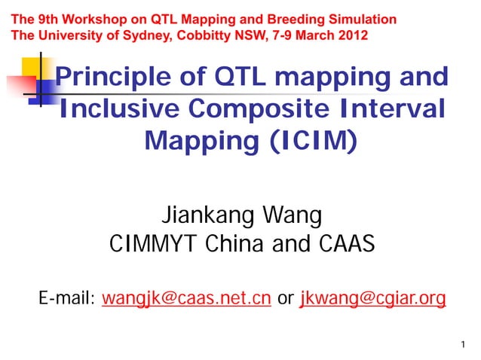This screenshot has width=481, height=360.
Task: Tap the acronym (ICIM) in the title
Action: click(x=307, y=140)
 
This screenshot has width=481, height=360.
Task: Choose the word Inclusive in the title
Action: click(x=120, y=109)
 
